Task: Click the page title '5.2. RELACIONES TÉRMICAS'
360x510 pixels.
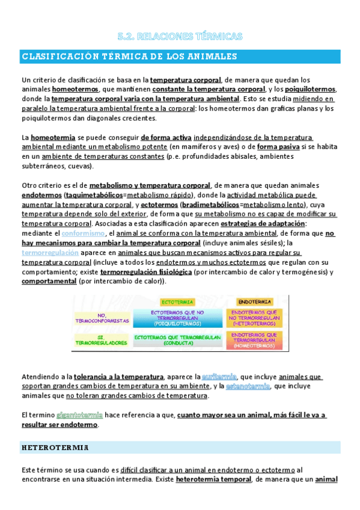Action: click(x=180, y=37)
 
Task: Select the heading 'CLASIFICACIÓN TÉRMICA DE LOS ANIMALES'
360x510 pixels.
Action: click(x=129, y=57)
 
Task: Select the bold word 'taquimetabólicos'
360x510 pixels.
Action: click(x=93, y=195)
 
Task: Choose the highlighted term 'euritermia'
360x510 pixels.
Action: click(x=220, y=376)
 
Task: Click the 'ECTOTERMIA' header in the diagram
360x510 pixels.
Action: click(x=177, y=301)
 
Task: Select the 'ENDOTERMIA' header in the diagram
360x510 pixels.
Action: click(x=254, y=301)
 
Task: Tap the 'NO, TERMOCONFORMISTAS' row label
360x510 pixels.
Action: click(x=102, y=318)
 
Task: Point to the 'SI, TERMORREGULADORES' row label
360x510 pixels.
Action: click(x=102, y=340)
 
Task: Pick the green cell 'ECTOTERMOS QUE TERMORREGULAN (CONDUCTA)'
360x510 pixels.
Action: click(x=177, y=340)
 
